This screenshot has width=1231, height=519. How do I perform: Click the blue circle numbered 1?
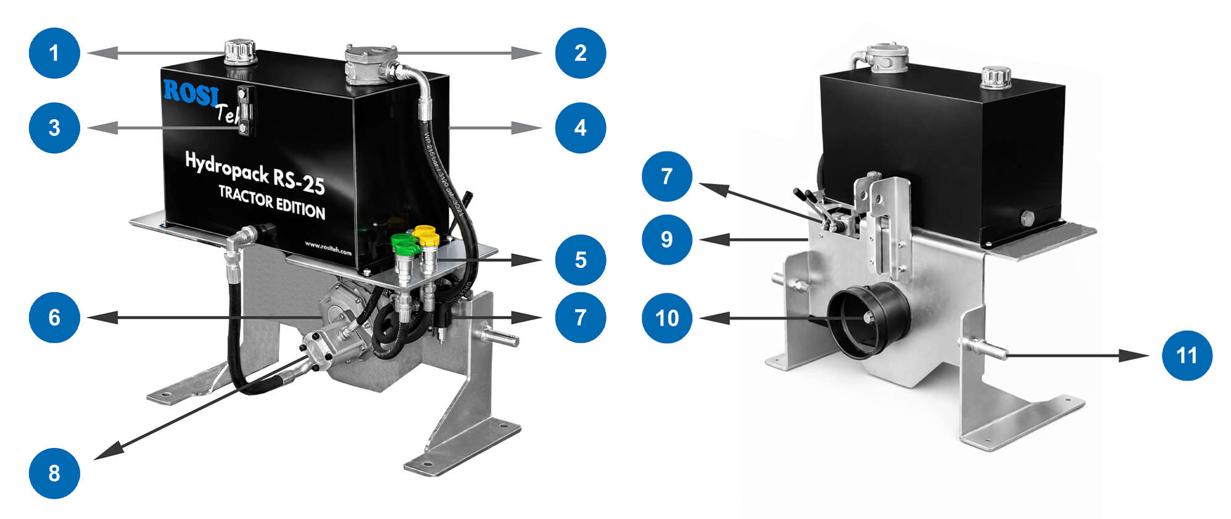coord(54,53)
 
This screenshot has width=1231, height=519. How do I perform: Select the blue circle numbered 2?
coord(580,53)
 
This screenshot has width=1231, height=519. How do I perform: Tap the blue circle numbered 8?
coord(54,473)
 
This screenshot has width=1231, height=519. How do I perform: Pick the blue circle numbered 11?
coord(1187,355)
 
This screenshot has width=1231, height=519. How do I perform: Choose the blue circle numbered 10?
coord(667,318)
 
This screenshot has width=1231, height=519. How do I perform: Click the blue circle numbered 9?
coord(667,239)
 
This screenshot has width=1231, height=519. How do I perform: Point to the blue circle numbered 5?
coord(580,260)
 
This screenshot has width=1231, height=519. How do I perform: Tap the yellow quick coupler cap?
coord(426,235)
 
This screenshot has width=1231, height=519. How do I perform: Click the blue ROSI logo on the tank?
coord(191,93)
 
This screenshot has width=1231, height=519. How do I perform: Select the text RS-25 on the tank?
coord(299,181)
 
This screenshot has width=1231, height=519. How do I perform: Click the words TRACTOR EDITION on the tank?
coord(271,202)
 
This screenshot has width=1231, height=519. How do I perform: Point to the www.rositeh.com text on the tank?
coord(328,248)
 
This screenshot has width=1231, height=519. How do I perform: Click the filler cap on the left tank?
coord(239,51)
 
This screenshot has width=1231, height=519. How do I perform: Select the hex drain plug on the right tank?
coord(1027,218)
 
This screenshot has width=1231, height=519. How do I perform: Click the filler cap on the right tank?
coord(995,78)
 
